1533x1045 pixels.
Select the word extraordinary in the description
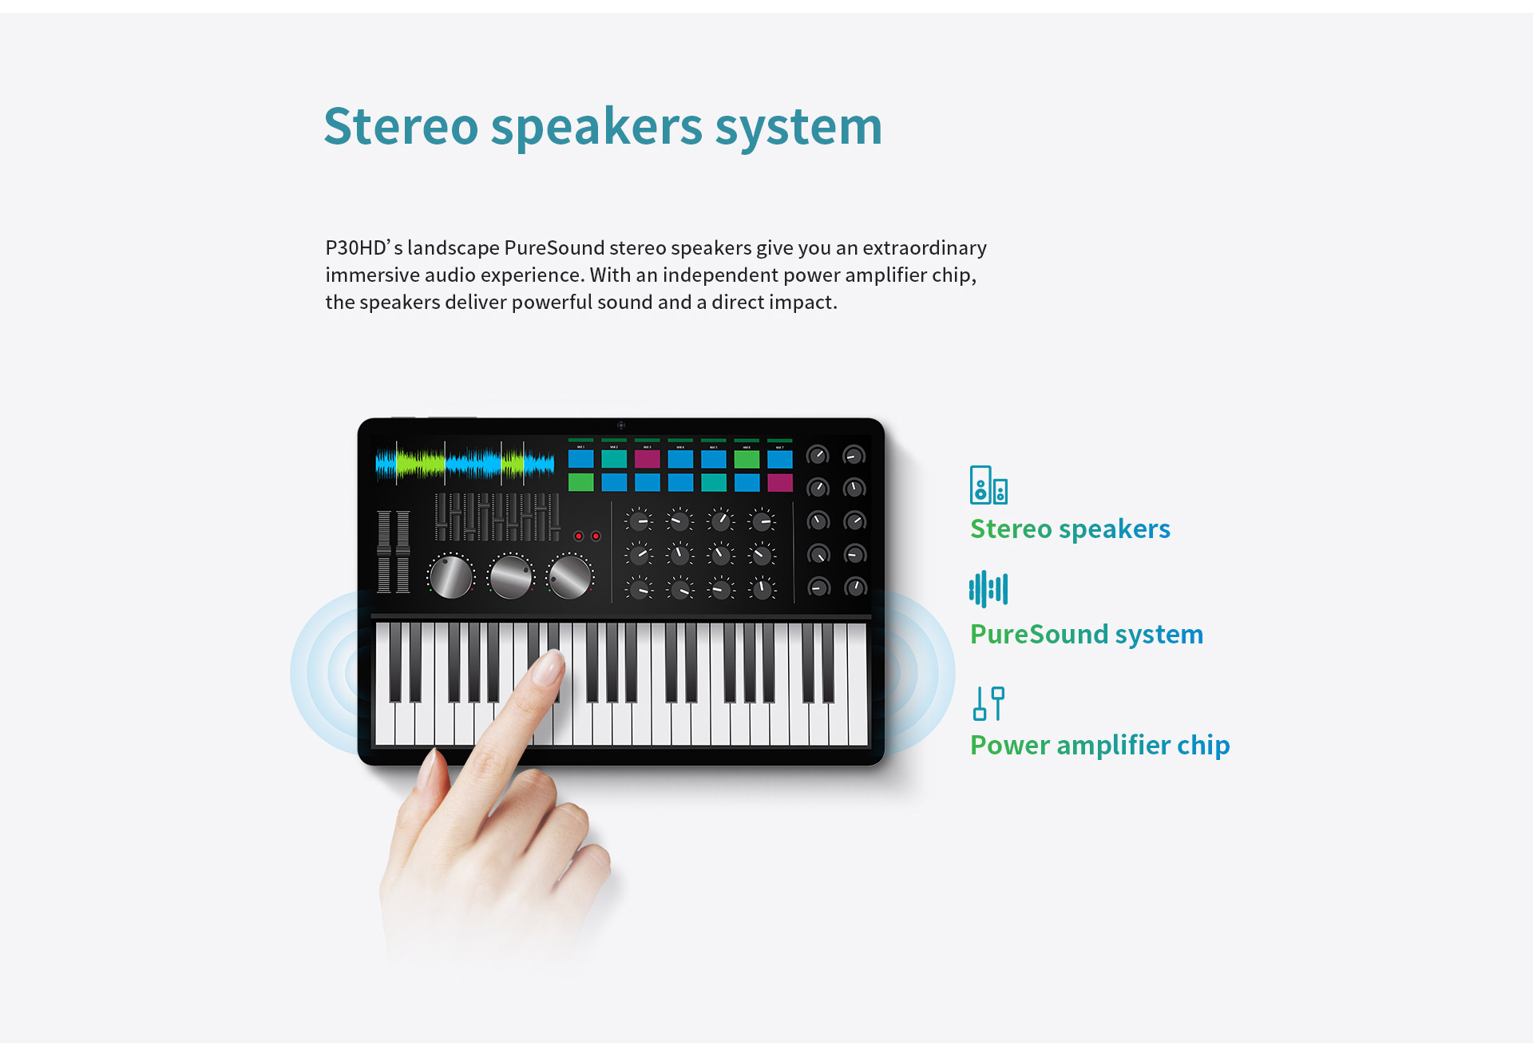[925, 248]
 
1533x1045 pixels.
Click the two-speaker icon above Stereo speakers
[988, 485]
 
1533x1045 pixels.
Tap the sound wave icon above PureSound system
[988, 589]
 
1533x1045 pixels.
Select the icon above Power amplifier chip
[988, 703]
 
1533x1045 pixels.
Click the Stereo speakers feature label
[1070, 529]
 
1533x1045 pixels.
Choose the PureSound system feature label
[1087, 635]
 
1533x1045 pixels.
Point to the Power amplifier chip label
[1099, 746]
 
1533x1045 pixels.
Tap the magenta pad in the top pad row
[647, 459]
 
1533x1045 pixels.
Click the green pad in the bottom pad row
[580, 482]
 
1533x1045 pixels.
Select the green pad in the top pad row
[747, 459]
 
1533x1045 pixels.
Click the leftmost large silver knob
[450, 576]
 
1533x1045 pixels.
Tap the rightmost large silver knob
[569, 576]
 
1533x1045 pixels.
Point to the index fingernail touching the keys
[549, 667]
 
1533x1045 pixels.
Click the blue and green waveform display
[465, 463]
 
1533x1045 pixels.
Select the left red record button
[578, 536]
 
